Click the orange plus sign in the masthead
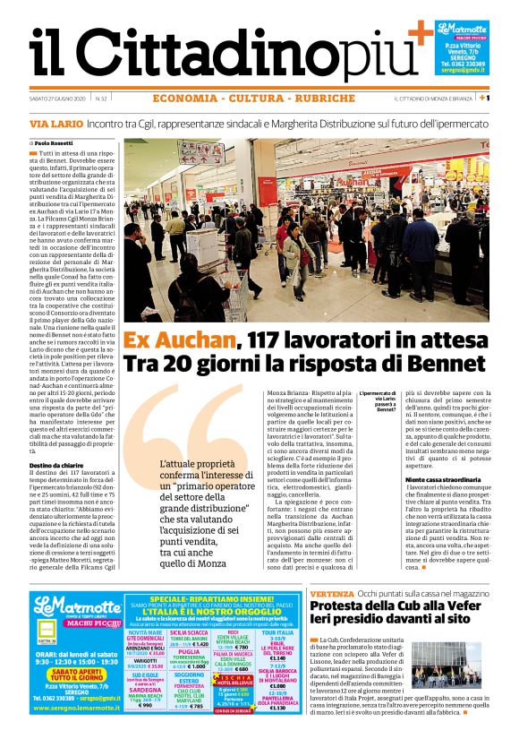(419, 34)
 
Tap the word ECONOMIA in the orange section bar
(184, 98)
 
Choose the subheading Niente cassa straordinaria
(442, 480)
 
